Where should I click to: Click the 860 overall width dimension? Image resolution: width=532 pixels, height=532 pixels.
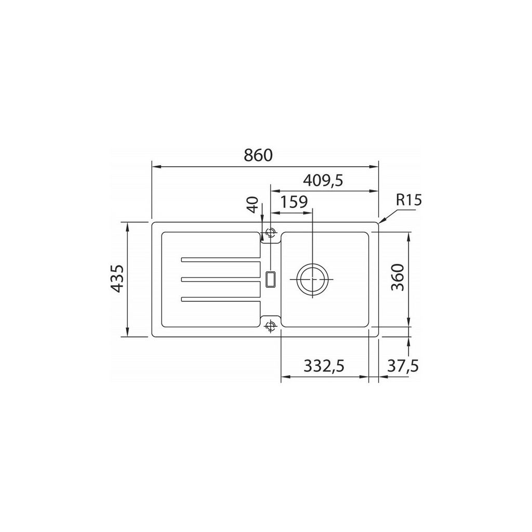point(258,155)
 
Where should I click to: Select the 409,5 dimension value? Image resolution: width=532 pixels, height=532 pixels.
point(323,180)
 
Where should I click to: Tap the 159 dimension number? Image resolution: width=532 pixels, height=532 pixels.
point(294,202)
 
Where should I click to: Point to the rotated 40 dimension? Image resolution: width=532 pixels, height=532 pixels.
point(254,205)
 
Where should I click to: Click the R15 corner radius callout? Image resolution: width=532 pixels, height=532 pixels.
point(409,201)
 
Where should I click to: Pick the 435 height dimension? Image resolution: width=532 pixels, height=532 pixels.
point(117,279)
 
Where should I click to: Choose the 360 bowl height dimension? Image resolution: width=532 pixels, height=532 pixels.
point(398,277)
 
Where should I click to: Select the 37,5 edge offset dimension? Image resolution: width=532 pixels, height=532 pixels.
point(403,366)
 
